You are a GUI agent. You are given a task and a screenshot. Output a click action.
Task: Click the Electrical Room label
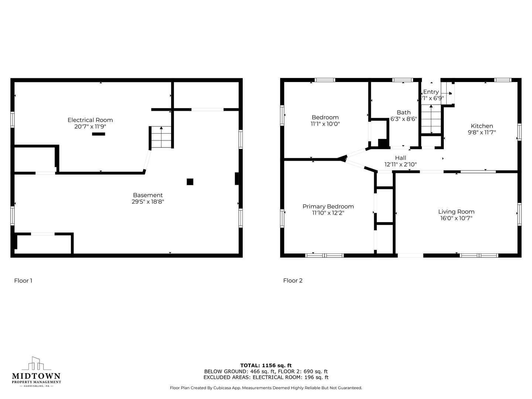click(90, 120)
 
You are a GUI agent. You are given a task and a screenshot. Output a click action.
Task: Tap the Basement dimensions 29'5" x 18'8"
click(148, 202)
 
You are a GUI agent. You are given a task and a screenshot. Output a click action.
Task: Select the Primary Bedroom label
click(328, 207)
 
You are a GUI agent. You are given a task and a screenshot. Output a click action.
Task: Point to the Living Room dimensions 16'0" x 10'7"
click(456, 218)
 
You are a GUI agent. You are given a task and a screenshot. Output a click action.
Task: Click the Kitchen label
click(482, 126)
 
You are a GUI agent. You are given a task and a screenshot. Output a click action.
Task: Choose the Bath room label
click(404, 112)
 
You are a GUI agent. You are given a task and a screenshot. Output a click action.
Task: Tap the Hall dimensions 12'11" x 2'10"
click(400, 164)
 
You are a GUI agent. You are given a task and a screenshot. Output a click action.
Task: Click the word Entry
click(431, 92)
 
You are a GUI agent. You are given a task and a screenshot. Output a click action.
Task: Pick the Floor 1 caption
click(23, 280)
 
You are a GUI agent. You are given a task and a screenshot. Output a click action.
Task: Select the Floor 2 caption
click(293, 280)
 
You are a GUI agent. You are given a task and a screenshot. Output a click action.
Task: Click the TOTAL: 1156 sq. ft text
click(266, 365)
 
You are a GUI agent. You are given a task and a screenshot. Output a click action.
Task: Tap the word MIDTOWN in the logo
click(36, 376)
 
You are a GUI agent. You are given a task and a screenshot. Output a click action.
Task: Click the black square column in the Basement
click(190, 182)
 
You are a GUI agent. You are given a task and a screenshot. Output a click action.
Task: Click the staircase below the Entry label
click(431, 119)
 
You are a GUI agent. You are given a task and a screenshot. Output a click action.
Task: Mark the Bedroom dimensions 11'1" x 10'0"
click(325, 124)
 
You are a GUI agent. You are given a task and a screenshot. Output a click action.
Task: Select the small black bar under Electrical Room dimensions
click(99, 134)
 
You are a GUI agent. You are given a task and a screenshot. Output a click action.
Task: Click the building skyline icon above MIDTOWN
click(36, 364)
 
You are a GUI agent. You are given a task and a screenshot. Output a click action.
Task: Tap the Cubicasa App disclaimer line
click(266, 388)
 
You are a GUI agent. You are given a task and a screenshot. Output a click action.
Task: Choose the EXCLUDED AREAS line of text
click(266, 377)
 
